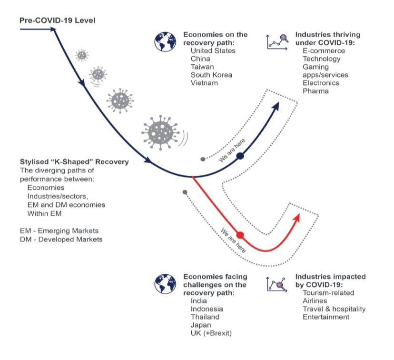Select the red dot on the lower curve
point(240,235)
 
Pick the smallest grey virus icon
point(82,55)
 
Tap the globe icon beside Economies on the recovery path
point(165,41)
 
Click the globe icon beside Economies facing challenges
point(165,285)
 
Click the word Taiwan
point(202,67)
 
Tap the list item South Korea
point(211,75)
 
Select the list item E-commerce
point(324,50)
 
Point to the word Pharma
point(315,91)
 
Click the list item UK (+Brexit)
point(211,333)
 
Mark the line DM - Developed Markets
point(61,240)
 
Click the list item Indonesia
point(207,309)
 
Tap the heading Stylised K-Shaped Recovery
point(74,162)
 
